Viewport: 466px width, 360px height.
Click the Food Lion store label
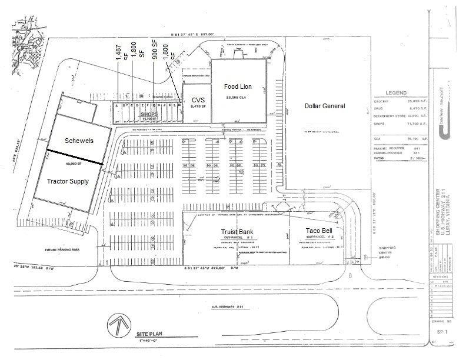pos(238,87)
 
